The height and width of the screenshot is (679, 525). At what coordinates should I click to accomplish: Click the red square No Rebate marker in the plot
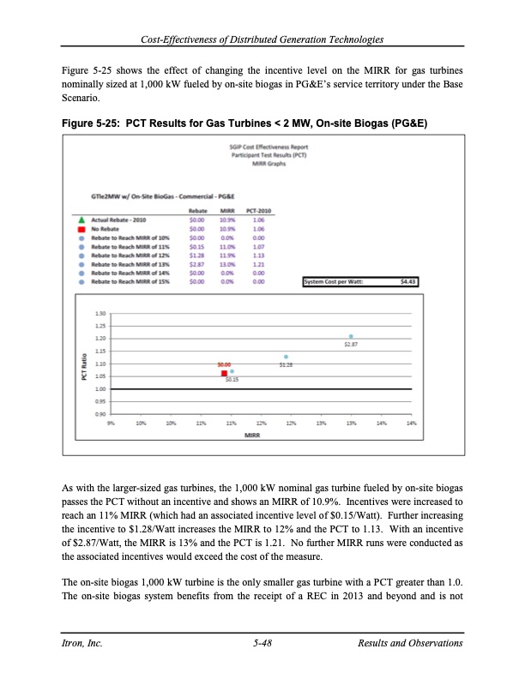tap(224, 374)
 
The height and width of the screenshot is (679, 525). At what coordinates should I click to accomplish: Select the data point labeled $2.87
tap(351, 336)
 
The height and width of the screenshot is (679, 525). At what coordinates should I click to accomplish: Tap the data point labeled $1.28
tap(286, 357)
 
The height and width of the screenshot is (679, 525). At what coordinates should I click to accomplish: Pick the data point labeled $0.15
tap(232, 371)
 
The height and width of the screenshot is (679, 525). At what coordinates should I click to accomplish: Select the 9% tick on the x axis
tap(112, 424)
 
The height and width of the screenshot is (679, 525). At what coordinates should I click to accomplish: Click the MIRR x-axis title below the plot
tap(253, 436)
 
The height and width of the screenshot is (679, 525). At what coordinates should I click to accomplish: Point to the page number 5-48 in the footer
tap(262, 642)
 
